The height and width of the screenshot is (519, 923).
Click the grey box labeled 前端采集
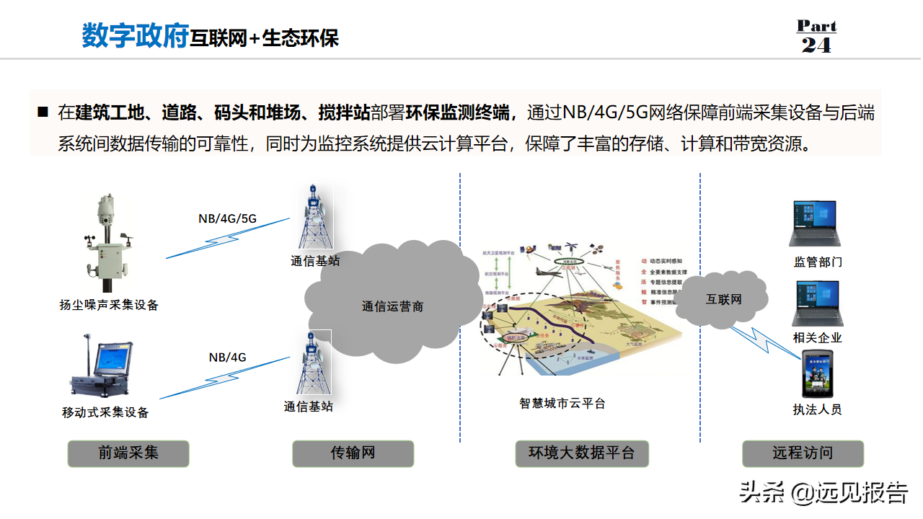tap(128, 453)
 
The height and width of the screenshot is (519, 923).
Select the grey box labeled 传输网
tap(353, 453)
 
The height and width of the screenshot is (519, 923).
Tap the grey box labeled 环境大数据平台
tap(582, 453)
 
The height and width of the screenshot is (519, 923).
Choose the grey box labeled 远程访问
tap(803, 453)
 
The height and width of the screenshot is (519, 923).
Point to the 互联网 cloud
tap(723, 298)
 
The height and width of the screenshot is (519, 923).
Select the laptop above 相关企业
tap(817, 303)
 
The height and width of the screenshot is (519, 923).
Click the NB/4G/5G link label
tap(227, 218)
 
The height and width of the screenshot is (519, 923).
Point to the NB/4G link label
tap(227, 357)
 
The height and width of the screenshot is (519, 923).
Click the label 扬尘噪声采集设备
tap(109, 305)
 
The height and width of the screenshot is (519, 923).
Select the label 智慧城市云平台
tap(562, 404)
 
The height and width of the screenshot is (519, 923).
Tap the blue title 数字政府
tap(135, 36)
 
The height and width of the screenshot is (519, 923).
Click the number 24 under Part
tap(816, 45)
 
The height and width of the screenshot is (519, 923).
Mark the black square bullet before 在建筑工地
tap(43, 112)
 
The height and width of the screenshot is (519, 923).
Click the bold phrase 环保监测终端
tap(461, 112)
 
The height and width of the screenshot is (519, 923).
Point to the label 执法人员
tap(817, 409)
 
